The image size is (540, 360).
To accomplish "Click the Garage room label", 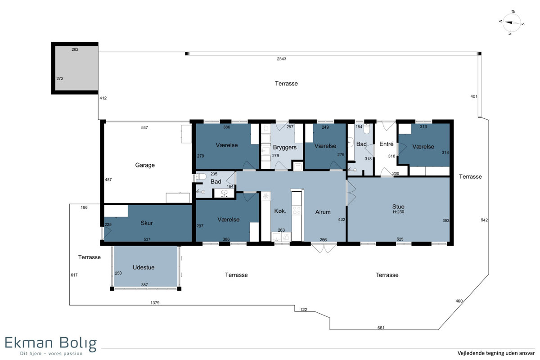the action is (144, 165).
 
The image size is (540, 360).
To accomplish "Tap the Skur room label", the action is (147, 223).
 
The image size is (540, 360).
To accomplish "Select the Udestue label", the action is (144, 267).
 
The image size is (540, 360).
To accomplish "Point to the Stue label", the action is (398, 207).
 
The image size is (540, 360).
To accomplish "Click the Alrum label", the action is (323, 212).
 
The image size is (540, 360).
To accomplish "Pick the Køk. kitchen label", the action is (280, 211).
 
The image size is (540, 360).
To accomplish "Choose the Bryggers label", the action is (285, 147).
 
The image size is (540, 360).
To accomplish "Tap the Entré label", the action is (386, 144).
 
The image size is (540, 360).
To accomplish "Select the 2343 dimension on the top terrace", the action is (281, 59).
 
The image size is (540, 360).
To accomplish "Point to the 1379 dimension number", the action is (155, 302).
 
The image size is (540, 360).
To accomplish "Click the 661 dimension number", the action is (381, 328).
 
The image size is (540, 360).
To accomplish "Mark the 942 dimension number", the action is (484, 220).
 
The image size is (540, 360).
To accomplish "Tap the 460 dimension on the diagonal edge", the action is (459, 301).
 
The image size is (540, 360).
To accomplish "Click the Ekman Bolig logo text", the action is (50, 343).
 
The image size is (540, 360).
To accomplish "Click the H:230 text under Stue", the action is (398, 212).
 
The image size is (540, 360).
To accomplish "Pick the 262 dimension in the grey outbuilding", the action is (75, 49).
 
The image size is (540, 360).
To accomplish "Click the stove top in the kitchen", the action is (297, 210).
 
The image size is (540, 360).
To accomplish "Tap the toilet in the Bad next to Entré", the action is (367, 129).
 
